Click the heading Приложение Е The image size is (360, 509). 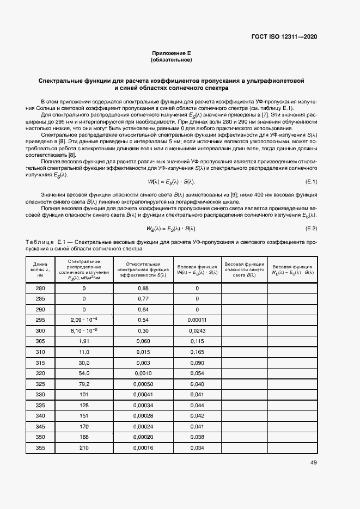[x=172, y=53]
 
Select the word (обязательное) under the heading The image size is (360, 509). [x=172, y=60]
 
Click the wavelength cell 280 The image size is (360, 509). [x=40, y=288]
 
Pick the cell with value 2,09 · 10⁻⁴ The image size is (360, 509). [x=84, y=319]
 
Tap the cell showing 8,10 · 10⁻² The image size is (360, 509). [x=84, y=330]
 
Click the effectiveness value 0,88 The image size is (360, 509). [x=143, y=288]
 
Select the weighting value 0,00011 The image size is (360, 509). [x=197, y=319]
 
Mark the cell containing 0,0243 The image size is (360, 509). [x=197, y=330]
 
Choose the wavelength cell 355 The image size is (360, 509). [x=40, y=447]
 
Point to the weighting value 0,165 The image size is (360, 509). [x=197, y=351]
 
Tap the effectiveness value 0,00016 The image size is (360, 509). [x=143, y=447]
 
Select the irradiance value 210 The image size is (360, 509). [x=84, y=447]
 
